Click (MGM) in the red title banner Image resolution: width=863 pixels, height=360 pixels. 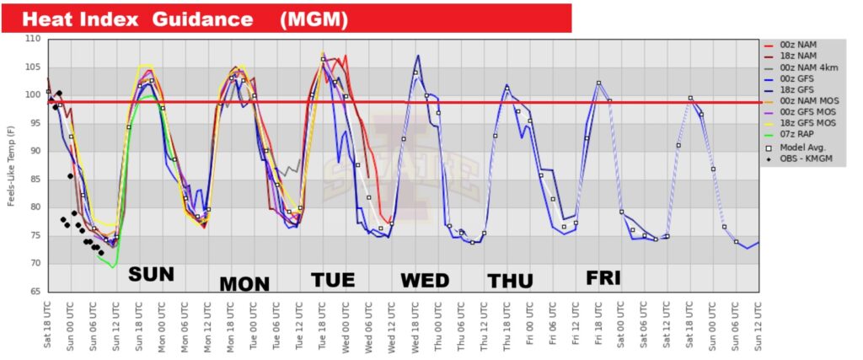tap(311, 18)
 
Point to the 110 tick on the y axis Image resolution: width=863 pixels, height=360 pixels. tap(32, 40)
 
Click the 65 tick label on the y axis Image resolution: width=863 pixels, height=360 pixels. tap(35, 292)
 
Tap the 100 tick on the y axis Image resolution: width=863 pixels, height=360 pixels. tap(32, 95)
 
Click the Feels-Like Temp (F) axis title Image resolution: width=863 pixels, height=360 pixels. tap(11, 166)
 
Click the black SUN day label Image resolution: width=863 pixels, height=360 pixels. tap(151, 274)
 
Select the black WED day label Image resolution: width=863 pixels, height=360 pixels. tap(425, 280)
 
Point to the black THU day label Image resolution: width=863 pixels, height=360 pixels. tap(510, 282)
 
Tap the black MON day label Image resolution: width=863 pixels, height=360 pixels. tap(244, 283)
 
